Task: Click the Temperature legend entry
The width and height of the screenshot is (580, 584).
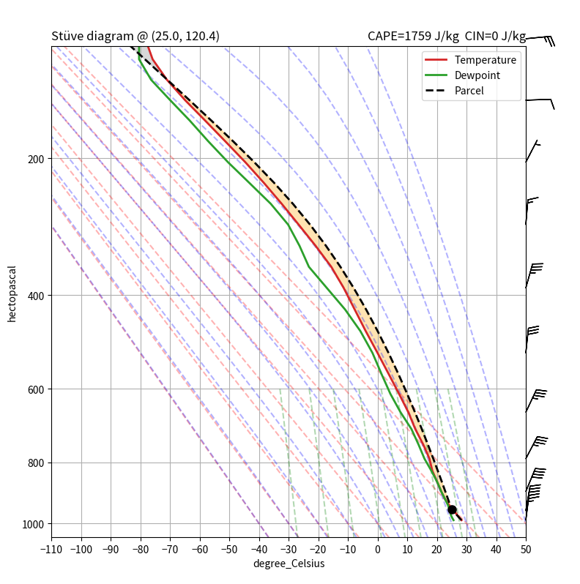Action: [485, 60]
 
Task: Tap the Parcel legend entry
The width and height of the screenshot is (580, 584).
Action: [469, 91]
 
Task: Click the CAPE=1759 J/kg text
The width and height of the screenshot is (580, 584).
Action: [413, 37]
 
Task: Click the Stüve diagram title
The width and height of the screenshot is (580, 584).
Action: [135, 37]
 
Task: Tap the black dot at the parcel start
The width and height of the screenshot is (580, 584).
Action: [452, 509]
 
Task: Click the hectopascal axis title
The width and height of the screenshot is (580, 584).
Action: [12, 293]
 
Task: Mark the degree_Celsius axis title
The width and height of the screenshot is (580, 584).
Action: [289, 564]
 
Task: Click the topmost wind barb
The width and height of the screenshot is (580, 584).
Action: [540, 38]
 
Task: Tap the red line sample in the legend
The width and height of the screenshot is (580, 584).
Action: [436, 60]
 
